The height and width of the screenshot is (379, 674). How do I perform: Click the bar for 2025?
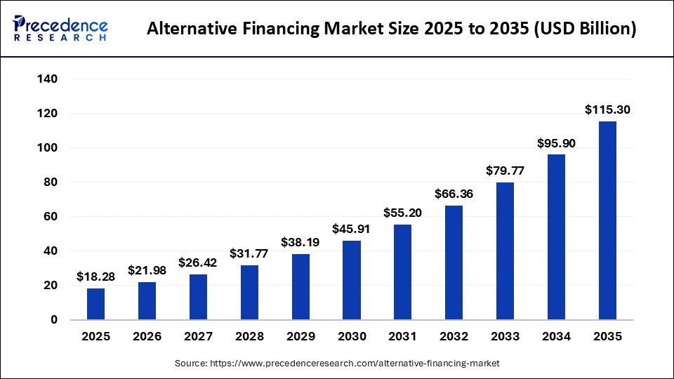coord(95,304)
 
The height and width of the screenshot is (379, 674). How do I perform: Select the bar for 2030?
coord(352,280)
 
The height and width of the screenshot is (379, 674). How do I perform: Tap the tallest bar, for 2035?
coord(607,220)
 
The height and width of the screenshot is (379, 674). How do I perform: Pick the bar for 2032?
coord(454,262)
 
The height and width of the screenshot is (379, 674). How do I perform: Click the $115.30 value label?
coord(607,110)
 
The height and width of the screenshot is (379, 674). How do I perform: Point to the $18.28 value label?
coord(95,277)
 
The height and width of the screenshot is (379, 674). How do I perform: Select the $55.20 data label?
coord(403,213)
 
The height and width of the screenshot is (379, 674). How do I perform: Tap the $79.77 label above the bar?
coord(505,171)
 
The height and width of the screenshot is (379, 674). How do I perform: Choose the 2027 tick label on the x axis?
coord(198,337)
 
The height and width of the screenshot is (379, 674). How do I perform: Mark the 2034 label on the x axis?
coord(557,337)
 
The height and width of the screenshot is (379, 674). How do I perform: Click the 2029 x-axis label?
coord(300,337)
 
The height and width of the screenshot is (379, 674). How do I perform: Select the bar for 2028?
coord(249,292)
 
